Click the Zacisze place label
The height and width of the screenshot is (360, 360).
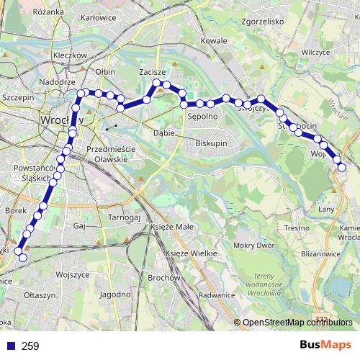(x=152, y=73)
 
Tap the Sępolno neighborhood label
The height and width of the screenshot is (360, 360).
(x=202, y=115)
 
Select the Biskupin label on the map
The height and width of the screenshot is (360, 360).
(x=211, y=143)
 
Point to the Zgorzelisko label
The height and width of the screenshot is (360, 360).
(x=264, y=22)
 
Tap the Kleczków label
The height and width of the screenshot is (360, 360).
(x=70, y=55)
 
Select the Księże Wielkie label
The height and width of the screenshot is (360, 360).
(x=192, y=253)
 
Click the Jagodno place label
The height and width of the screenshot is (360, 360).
(x=115, y=294)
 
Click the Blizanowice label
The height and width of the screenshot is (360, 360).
(x=321, y=253)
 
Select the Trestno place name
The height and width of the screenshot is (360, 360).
(x=296, y=228)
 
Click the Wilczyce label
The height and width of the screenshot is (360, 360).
(x=315, y=53)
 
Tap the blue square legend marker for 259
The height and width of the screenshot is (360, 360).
(x=9, y=346)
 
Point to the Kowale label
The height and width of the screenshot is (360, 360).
(x=214, y=41)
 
